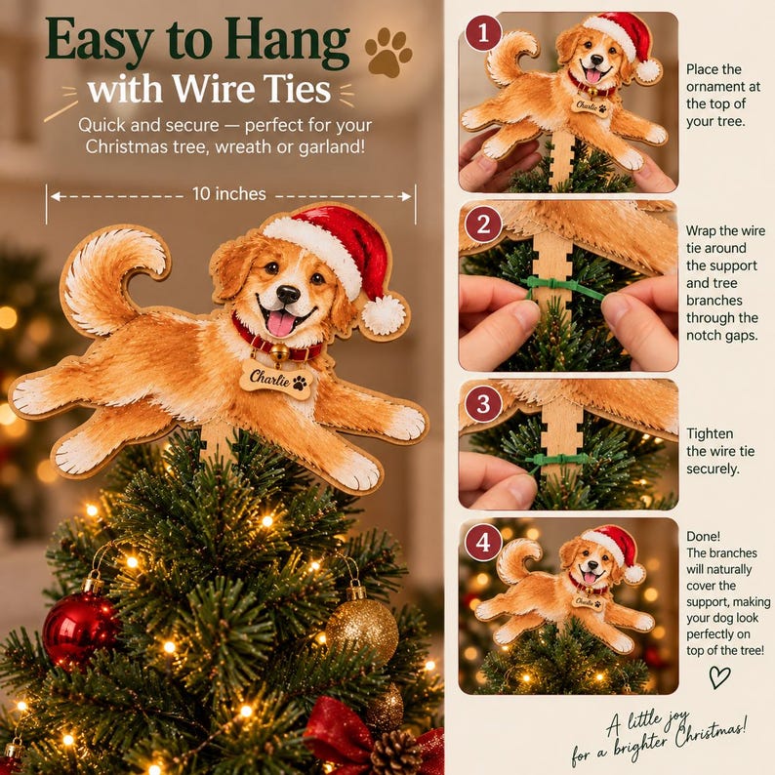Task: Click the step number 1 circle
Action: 483,32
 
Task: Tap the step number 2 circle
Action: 483,224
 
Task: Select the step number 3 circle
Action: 483,404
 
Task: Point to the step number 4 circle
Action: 483,542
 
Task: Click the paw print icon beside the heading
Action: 388,53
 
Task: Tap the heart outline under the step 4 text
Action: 719,676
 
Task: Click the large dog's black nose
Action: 288,294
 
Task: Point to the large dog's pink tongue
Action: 280,323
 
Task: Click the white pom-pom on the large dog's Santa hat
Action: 384,314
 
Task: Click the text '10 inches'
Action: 228,193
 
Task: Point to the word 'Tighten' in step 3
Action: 710,433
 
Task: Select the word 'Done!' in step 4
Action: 704,536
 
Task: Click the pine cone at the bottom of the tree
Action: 395,753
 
